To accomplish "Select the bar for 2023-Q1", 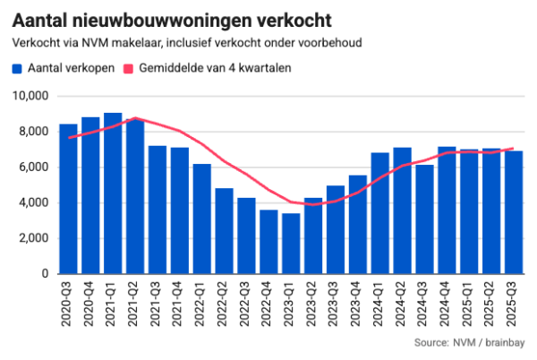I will [291, 244].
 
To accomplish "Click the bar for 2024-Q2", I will [402, 210].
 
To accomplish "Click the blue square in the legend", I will [17, 68].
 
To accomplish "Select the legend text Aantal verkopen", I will [72, 68].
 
